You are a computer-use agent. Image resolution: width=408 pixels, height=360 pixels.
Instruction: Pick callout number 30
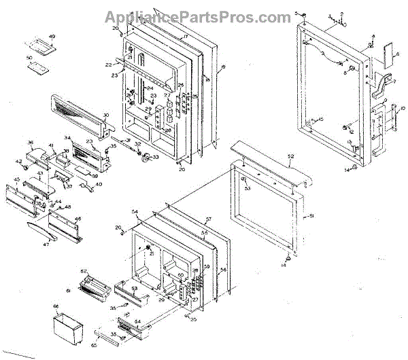click(106, 115)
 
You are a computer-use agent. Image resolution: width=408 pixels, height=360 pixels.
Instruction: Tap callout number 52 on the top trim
click(290, 157)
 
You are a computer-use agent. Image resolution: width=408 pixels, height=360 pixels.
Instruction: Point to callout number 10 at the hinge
click(402, 109)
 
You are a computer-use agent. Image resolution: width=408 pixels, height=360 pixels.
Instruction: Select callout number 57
click(209, 219)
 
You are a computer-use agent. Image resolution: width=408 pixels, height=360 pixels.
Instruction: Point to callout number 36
click(31, 143)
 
